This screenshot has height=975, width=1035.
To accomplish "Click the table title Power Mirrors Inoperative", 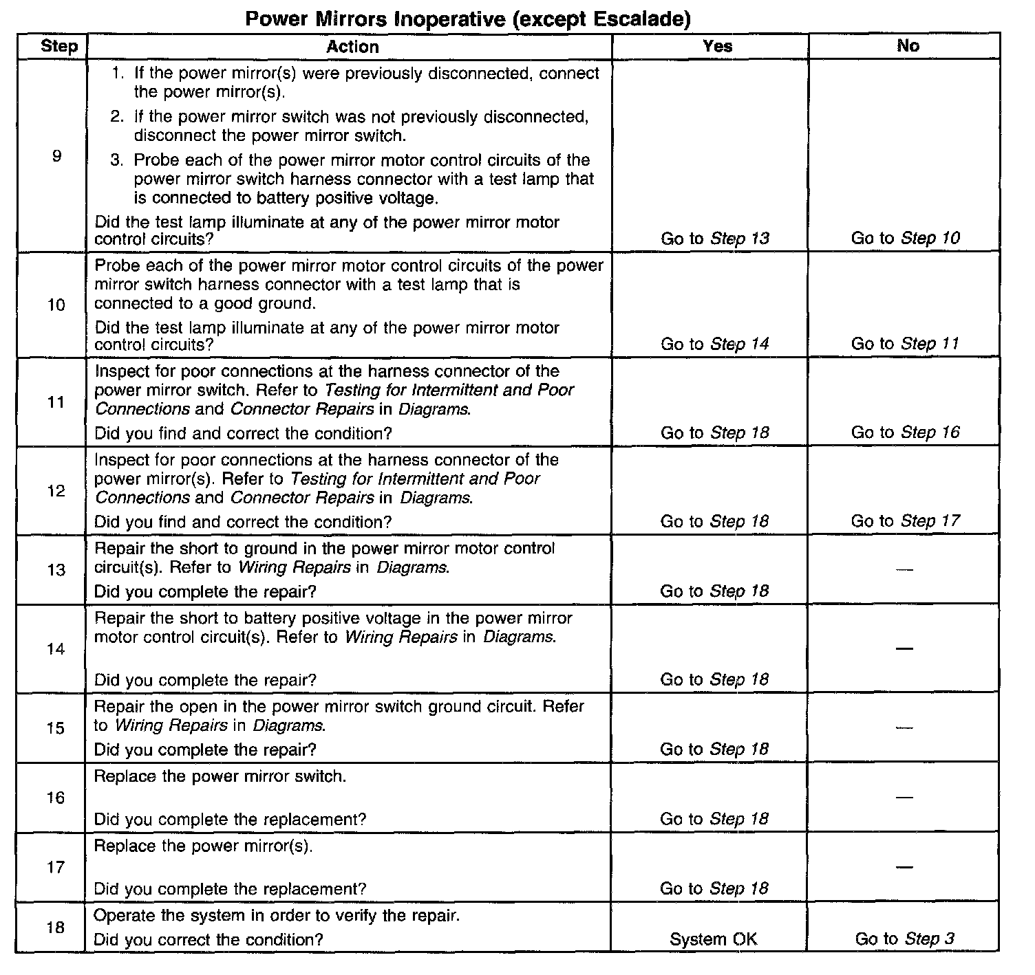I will pos(468,19).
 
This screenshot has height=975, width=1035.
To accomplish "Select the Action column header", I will pos(352,47).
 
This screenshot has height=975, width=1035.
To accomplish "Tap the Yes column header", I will pos(717,46).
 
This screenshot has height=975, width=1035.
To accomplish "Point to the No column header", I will pos(908,46).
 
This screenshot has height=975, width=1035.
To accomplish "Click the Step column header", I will pos(59,47).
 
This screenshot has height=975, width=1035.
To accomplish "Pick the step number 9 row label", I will pos(56,157).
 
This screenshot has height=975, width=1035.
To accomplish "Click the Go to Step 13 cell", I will pos(715,239).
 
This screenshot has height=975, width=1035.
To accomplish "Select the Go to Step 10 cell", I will pos(905,239).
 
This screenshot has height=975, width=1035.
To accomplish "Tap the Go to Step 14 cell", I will pos(715,344).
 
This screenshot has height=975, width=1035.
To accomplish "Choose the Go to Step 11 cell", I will pos(905,344).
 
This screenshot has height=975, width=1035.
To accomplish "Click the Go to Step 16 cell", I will pos(905,432).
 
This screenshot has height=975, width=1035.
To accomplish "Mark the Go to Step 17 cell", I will pos(905,521).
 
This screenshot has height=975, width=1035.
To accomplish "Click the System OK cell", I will pos(713,939).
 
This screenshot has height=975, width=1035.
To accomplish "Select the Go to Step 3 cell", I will pos(905,939).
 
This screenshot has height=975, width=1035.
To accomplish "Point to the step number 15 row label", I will pos(56,728).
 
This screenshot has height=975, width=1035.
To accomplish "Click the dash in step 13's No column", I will pos(905,569).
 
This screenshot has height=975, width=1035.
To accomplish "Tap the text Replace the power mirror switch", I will pos(220,776).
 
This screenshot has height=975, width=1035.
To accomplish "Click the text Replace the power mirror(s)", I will pos(203,846).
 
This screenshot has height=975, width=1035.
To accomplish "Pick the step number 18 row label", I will pos(56,928).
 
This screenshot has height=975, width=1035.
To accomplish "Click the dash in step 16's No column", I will pos(905,798).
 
